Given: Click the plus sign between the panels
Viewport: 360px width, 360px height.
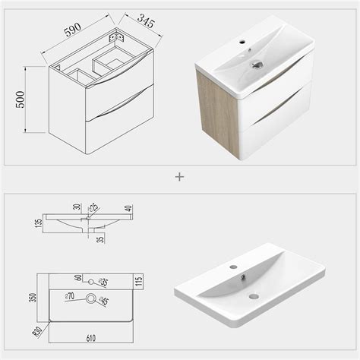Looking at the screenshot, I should pos(179,177).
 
